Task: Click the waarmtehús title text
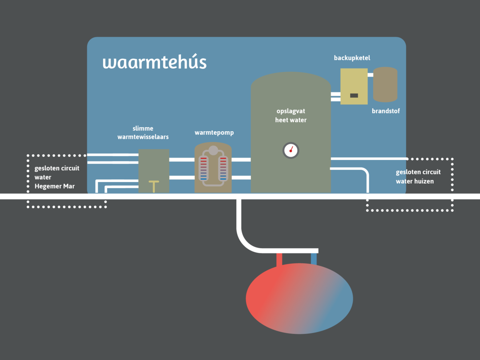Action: pyautogui.click(x=154, y=62)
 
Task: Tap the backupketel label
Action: pyautogui.click(x=352, y=58)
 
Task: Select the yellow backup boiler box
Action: pyautogui.click(x=354, y=86)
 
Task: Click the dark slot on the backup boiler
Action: pyautogui.click(x=354, y=96)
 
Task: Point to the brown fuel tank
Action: pyautogui.click(x=385, y=84)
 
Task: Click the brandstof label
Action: pyautogui.click(x=386, y=111)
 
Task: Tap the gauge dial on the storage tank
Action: pyautogui.click(x=291, y=151)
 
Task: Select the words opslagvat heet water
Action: pyautogui.click(x=291, y=115)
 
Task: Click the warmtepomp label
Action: pyautogui.click(x=214, y=132)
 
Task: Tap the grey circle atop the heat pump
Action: pyautogui.click(x=213, y=150)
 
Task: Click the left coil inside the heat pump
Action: pyautogui.click(x=204, y=169)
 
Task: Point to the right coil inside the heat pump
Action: pyautogui.click(x=223, y=169)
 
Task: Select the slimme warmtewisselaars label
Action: pyautogui.click(x=143, y=133)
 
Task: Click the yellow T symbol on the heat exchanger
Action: pyautogui.click(x=154, y=186)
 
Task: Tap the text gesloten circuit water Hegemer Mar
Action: pyautogui.click(x=57, y=177)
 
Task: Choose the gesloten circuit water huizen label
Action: pyautogui.click(x=418, y=177)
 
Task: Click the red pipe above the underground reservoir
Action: pyautogui.click(x=279, y=259)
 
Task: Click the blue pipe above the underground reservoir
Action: pyautogui.click(x=313, y=259)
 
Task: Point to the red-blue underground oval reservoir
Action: pyautogui.click(x=299, y=299)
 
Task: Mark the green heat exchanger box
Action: pyautogui.click(x=154, y=167)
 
